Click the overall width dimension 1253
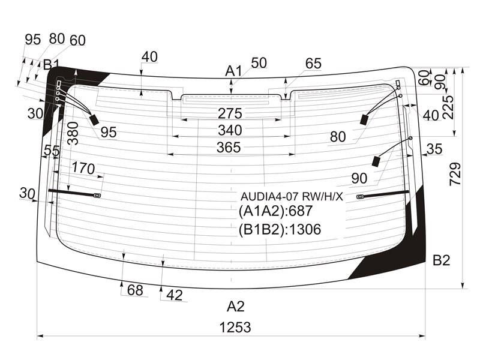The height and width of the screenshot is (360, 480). click(x=235, y=327)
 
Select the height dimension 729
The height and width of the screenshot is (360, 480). click(x=455, y=174)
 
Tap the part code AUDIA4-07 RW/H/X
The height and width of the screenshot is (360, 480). click(x=292, y=197)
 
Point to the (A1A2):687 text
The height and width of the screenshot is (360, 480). click(x=275, y=211)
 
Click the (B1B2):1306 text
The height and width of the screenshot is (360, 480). click(x=280, y=229)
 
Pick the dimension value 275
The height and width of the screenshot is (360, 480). click(x=230, y=113)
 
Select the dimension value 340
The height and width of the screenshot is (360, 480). click(x=230, y=130)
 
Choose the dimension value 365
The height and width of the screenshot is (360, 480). click(x=229, y=148)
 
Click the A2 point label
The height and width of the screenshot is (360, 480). click(x=235, y=307)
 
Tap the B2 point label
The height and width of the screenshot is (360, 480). click(x=442, y=260)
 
